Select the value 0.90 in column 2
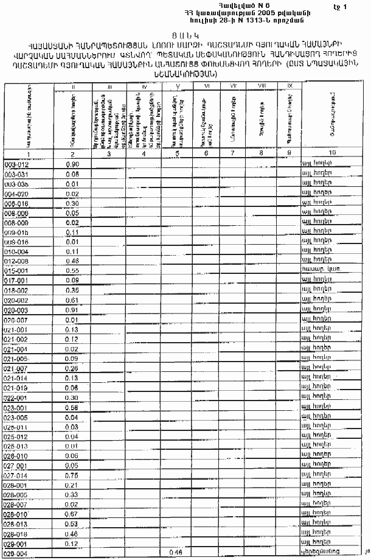(72, 164)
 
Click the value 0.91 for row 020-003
(72, 310)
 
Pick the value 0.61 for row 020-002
(72, 300)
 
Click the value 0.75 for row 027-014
(72, 475)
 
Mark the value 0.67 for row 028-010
(72, 514)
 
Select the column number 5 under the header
(176, 152)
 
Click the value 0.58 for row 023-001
(72, 407)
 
